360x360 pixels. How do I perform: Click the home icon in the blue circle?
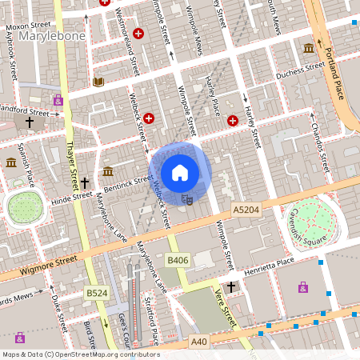(180, 172)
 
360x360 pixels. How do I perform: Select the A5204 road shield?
(246, 209)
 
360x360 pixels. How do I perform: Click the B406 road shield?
(177, 261)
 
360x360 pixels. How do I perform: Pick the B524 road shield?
(97, 294)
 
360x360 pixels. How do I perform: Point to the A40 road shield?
(200, 342)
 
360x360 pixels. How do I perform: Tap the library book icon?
(98, 82)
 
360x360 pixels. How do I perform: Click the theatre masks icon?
(188, 198)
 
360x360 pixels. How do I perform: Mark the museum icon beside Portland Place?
(309, 50)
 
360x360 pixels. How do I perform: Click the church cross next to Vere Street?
(231, 286)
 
